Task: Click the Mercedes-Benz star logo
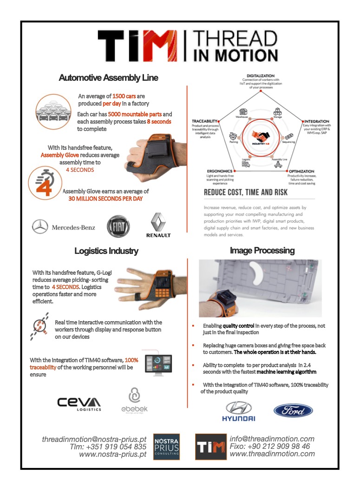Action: click(40, 227)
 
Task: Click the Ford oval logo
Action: click(293, 410)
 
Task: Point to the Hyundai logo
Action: click(238, 411)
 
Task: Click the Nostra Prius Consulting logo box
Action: click(166, 447)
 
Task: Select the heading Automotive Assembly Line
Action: click(108, 78)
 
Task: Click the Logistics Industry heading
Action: click(106, 251)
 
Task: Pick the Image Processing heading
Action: click(262, 251)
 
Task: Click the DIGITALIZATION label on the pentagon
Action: click(260, 75)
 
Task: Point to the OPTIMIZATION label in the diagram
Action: click(301, 171)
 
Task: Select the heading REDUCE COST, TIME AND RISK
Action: click(245, 192)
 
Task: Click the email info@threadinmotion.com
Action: click(272, 439)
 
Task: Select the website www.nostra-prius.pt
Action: click(114, 454)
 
